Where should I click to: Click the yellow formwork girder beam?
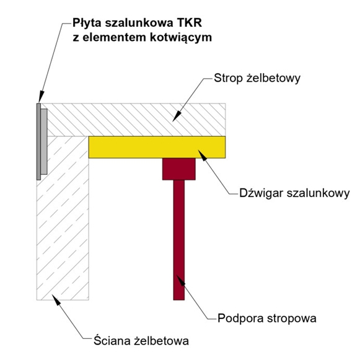coord(157,147)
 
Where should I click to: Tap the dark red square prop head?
coord(179,169)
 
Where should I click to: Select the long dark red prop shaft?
coord(179,240)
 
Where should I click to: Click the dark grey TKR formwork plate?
coord(38,141)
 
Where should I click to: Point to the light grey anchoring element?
coord(44,141)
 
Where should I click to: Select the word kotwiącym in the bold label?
coord(181,37)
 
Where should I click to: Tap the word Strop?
coord(228,78)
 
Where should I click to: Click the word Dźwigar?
coord(261,193)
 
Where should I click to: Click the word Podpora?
coord(239,318)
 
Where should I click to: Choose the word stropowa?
coord(290,318)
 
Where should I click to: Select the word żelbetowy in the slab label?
coord(273,78)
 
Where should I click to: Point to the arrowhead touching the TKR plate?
coord(41,97)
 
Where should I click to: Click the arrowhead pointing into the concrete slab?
coord(177,116)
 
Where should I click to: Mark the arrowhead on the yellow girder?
coord(202,155)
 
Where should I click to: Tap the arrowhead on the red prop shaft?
coord(181,280)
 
